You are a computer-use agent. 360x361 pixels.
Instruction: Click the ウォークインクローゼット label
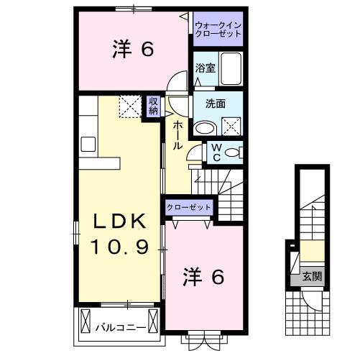[218, 29]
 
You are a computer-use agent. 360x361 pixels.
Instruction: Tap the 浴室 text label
[206, 68]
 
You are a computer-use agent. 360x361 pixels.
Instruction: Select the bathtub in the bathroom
[231, 68]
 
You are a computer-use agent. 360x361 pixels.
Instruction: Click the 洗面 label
[215, 104]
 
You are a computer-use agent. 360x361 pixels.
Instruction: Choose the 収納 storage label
[154, 106]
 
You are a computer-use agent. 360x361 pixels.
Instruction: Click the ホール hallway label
[177, 134]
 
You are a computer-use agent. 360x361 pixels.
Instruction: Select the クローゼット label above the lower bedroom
[189, 207]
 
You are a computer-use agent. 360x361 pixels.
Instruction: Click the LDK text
[119, 221]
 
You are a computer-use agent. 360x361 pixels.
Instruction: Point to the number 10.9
[119, 247]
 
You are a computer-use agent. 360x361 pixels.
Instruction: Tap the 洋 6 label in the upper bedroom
[133, 50]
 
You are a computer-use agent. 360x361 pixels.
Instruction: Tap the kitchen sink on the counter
[88, 144]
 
